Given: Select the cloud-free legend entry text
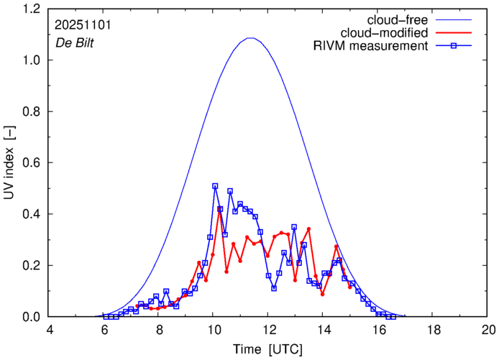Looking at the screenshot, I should coord(403,20).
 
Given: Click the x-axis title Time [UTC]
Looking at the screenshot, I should coord(267,349).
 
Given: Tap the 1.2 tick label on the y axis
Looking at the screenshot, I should coord(32,9).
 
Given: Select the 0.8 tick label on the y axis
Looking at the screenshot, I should coord(32,112).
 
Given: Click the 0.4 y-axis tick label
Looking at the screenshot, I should coord(32,214).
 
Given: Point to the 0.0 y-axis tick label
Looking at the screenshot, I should coord(32,317).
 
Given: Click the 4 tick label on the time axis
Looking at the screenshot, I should coord(49,330).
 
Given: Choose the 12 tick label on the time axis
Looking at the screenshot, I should coord(267,330).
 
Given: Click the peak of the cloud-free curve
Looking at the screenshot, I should coord(250,38).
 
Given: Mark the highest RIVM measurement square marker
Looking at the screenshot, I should coord(215,186).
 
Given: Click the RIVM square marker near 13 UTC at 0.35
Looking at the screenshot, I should coord(294,227).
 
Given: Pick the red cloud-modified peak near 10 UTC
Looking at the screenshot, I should coord(220,209).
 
